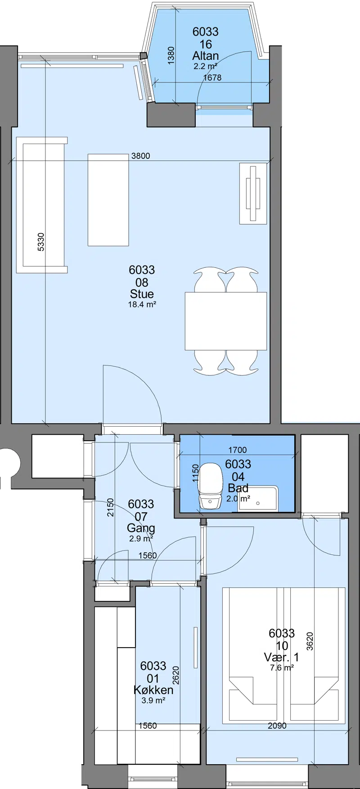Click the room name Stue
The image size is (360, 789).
point(142,294)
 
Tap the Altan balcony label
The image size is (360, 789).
point(206,56)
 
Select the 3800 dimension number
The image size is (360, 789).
point(141,156)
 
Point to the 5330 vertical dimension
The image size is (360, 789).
point(41,242)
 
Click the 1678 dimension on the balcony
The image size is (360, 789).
point(212,77)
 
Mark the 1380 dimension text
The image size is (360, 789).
point(171,55)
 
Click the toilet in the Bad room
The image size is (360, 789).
point(210,487)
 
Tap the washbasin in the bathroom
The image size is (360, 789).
point(257,498)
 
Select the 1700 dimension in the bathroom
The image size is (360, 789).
point(238,450)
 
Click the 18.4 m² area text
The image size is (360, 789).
point(142,304)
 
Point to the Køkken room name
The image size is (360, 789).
point(153,690)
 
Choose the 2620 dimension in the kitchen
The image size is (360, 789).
point(176,675)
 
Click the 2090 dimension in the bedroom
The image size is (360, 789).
point(277,726)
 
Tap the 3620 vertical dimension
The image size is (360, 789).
point(310,641)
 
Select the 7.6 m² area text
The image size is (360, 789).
point(282,668)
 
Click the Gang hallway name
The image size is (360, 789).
point(141,528)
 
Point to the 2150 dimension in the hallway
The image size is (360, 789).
point(111,507)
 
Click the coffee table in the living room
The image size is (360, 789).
point(108,200)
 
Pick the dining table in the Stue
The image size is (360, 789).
point(226,321)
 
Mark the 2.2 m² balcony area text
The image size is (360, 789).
point(206,66)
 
